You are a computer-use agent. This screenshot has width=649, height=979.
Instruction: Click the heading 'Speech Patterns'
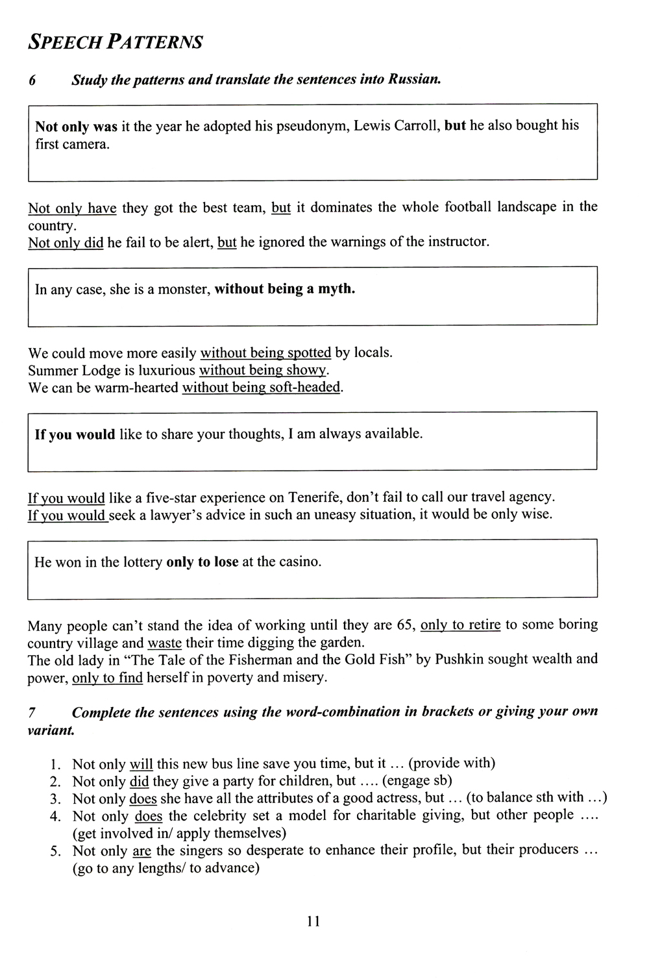click(x=116, y=42)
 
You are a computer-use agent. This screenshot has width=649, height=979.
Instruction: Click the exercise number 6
click(x=32, y=81)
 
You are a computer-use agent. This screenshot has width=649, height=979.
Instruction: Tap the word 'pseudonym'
click(x=312, y=126)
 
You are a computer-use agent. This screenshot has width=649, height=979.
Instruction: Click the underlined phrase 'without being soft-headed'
click(x=261, y=388)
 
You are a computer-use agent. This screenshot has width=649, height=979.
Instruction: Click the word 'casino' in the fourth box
click(x=300, y=562)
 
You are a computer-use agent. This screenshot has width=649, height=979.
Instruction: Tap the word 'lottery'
click(x=139, y=562)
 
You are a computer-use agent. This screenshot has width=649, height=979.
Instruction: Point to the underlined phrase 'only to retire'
click(x=460, y=625)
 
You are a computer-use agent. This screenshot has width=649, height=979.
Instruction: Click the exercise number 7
click(x=32, y=712)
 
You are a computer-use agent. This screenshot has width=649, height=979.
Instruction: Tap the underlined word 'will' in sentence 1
click(x=141, y=764)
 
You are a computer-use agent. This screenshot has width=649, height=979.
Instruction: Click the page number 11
click(x=313, y=921)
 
